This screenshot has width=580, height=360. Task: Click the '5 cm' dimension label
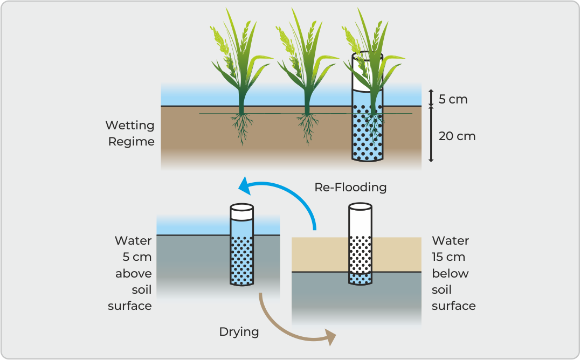point(452,99)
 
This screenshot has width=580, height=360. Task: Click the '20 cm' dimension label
point(457,136)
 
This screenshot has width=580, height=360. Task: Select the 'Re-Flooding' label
point(350,187)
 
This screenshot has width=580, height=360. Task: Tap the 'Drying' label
point(239,331)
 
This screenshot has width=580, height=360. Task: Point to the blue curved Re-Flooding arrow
point(291,192)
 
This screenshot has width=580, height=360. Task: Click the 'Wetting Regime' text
point(130,133)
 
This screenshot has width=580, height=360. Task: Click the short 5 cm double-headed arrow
point(431,97)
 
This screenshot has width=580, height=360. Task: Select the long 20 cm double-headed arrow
point(431,135)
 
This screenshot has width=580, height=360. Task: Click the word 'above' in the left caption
point(133,273)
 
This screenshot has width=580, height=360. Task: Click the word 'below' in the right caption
point(450,273)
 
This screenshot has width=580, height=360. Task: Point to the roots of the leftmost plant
point(241,129)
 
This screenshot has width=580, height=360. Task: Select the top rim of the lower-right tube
point(360,206)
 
